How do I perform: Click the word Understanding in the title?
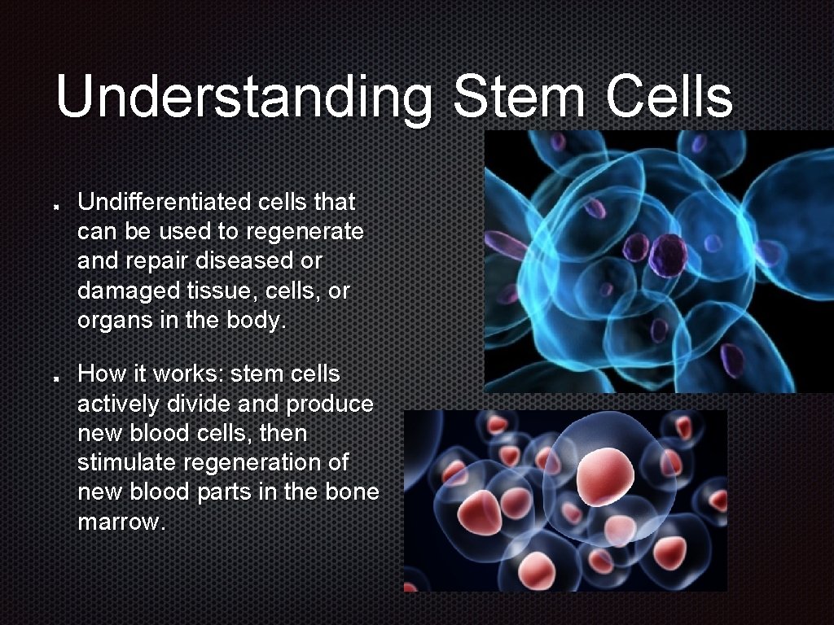[244, 98]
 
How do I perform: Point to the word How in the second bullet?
[97, 374]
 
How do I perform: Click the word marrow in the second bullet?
[120, 521]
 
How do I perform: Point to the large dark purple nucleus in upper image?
[673, 254]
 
